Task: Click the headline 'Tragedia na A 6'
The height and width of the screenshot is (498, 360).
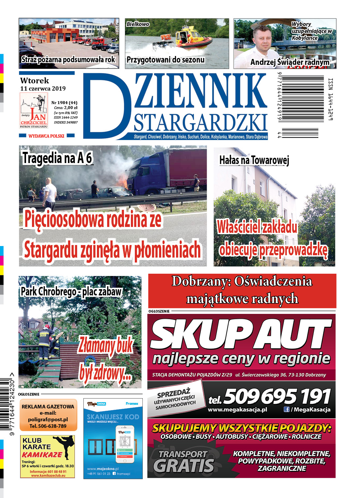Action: click(x=57, y=158)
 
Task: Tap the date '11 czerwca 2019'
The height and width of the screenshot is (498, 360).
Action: click(x=43, y=89)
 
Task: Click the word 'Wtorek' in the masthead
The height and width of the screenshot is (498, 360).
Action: click(x=34, y=81)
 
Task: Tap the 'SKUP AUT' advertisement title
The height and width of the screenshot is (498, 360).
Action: click(x=241, y=335)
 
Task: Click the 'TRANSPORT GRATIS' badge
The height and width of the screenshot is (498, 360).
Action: click(x=184, y=461)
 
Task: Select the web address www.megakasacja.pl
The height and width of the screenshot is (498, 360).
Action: click(x=237, y=410)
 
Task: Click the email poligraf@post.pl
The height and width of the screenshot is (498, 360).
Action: click(x=48, y=420)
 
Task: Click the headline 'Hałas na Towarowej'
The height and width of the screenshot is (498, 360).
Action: click(x=254, y=160)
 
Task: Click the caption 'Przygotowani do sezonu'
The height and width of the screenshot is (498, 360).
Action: click(x=165, y=60)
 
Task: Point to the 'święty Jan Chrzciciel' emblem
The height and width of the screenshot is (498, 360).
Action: click(x=34, y=111)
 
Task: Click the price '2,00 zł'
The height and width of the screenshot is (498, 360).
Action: click(x=71, y=108)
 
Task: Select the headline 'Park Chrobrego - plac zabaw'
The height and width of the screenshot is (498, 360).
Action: click(x=71, y=292)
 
